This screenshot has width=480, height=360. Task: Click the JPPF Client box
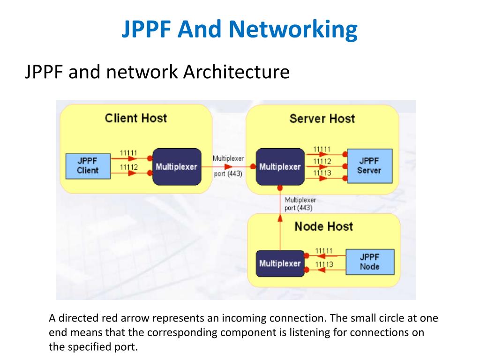(88, 166)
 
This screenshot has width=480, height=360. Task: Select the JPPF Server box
(369, 166)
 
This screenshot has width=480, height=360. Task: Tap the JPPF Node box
(370, 262)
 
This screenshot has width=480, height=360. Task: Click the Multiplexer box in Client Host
(177, 167)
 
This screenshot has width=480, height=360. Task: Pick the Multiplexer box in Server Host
(280, 167)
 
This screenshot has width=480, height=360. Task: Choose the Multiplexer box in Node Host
(280, 263)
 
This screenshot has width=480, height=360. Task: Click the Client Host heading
(136, 118)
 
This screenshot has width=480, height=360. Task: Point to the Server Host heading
(322, 119)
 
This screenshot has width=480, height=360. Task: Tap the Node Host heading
(323, 226)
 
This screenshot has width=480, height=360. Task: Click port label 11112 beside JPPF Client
(128, 167)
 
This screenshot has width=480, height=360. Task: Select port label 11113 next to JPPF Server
(322, 173)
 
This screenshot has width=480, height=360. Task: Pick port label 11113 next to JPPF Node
(324, 264)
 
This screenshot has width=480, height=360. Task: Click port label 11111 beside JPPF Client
(128, 153)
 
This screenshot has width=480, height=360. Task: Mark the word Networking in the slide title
(293, 30)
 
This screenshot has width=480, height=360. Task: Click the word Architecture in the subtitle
(236, 72)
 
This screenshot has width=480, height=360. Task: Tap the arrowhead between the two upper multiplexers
(228, 167)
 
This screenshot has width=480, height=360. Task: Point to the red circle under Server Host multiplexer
(280, 188)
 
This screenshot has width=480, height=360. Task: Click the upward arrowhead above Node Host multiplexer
(280, 218)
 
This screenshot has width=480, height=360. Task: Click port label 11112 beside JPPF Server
(322, 161)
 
